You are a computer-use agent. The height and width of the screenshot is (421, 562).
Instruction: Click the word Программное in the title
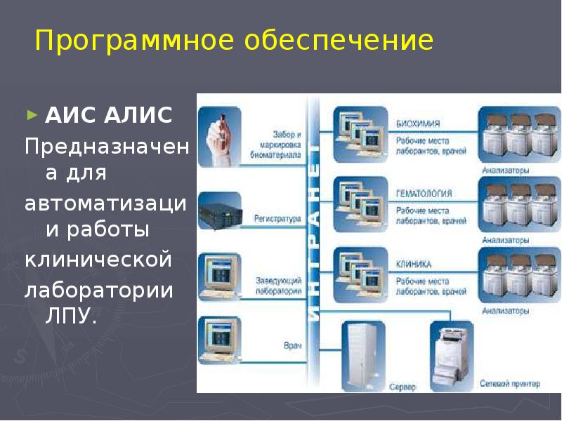[x=135, y=41]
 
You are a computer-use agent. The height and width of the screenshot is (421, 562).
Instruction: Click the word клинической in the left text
[x=98, y=260]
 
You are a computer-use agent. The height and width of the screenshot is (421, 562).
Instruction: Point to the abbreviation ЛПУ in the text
[x=69, y=317]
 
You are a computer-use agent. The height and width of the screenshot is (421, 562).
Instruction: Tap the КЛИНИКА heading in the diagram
[x=414, y=264]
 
